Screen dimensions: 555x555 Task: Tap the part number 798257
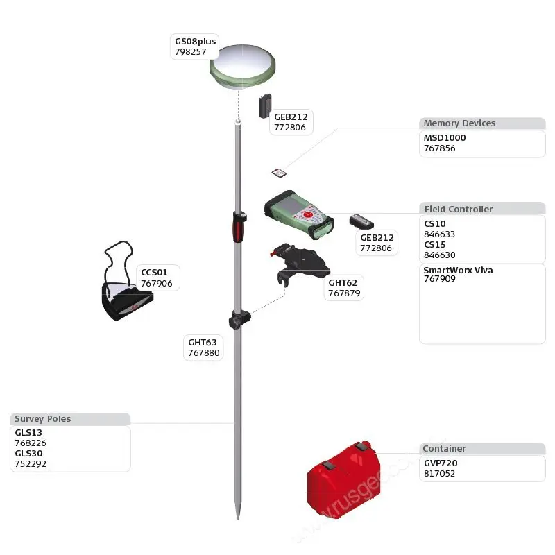190,52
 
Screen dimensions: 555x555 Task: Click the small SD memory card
278,173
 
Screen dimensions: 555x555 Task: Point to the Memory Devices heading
459,123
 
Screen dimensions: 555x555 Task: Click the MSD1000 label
445,137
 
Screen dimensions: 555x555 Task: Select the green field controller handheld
298,213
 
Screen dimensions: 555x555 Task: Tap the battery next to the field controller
361,222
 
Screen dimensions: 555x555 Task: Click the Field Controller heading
459,209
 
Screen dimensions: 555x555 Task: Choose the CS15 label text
435,244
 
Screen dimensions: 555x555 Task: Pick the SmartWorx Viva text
458,270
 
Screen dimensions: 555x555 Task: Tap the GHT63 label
203,342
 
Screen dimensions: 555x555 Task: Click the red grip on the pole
238,228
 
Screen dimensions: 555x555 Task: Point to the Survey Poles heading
43,419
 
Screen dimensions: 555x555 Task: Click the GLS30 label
28,454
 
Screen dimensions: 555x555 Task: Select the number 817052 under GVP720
439,473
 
